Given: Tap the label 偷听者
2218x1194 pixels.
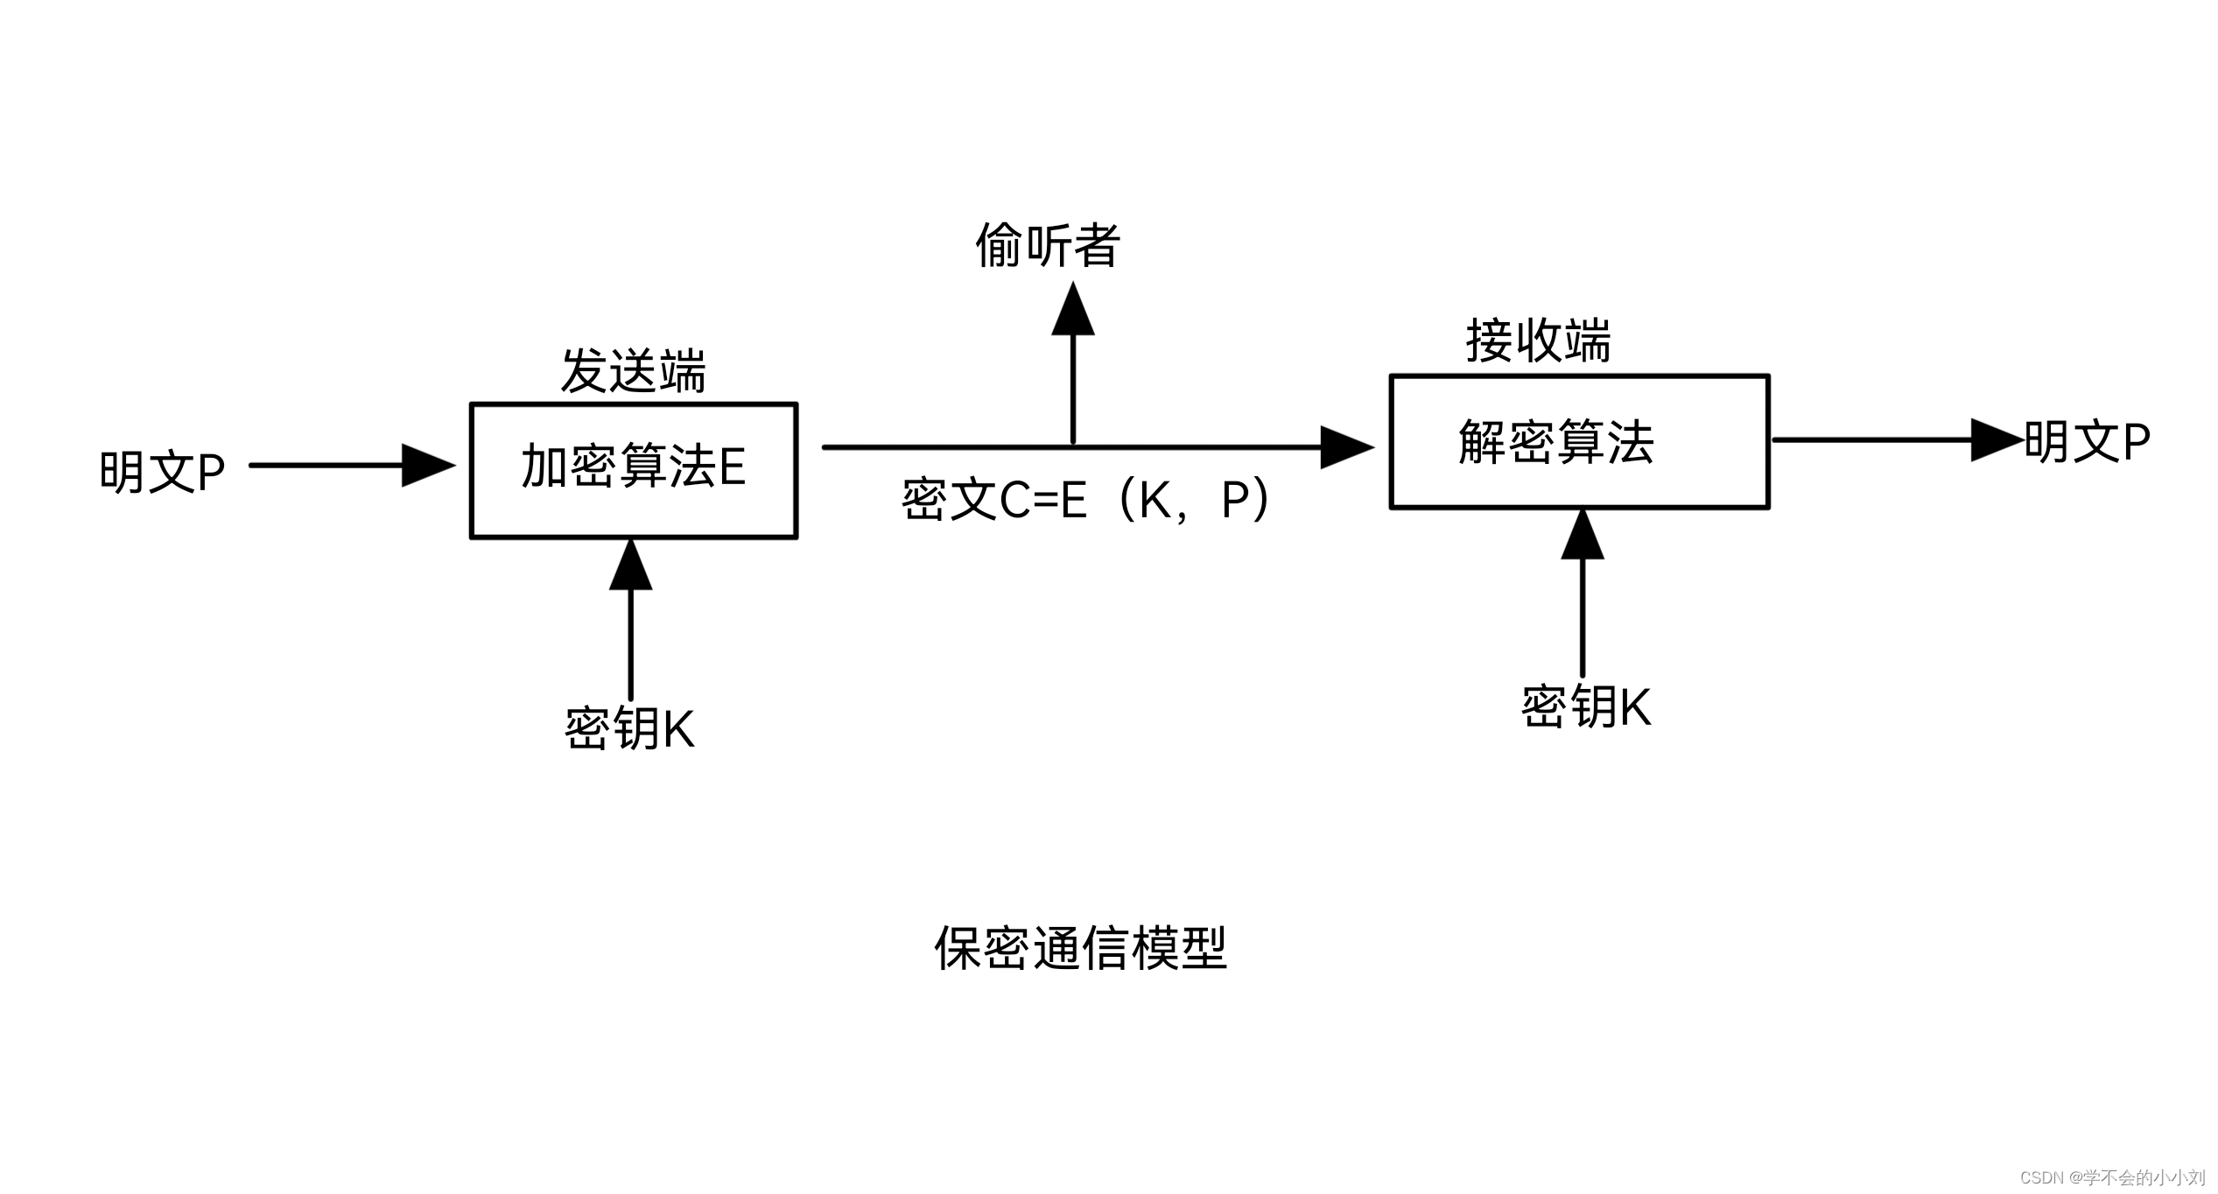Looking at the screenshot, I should coord(1048,245).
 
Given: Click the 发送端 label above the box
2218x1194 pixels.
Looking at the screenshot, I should coord(633,371).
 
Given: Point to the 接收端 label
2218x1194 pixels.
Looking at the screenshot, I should coord(1538,341).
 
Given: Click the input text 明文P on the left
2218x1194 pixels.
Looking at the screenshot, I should coord(162,472).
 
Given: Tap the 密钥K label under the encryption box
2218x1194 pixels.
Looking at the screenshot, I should coord(629,728).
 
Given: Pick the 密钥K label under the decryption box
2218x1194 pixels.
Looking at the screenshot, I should coord(1586,706).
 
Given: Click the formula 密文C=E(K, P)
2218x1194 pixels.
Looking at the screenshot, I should coord(1085,500).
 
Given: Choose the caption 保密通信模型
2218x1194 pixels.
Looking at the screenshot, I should coord(1081,947).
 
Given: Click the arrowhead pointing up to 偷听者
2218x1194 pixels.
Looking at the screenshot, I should coord(1073,311).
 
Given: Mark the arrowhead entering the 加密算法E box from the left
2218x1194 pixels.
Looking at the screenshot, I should coord(427,465).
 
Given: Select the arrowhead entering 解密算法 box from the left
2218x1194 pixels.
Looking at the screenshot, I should coord(1345,447).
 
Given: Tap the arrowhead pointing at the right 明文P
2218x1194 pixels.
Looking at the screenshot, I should coord(1996,440).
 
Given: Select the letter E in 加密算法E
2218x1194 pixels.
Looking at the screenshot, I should coord(732,467).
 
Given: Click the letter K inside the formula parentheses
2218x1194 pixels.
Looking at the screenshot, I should coord(1155,500).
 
